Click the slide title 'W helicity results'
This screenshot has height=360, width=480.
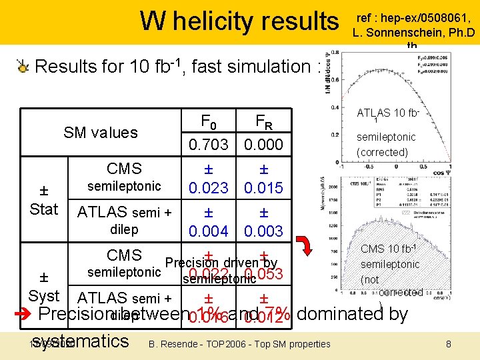click(239, 21)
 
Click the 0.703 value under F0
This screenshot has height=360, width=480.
click(208, 144)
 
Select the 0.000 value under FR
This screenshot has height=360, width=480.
click(263, 144)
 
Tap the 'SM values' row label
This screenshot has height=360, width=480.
click(101, 132)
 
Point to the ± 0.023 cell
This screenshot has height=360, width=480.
click(208, 179)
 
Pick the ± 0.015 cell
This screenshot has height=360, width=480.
click(263, 179)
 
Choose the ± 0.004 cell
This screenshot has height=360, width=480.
click(208, 222)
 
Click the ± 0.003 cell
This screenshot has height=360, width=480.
click(263, 222)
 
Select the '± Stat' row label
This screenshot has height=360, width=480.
click(44, 199)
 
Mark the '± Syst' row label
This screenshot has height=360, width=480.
click(44, 286)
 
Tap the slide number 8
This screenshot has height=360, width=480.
click(448, 343)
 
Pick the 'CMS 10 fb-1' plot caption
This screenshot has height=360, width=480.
click(389, 249)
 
